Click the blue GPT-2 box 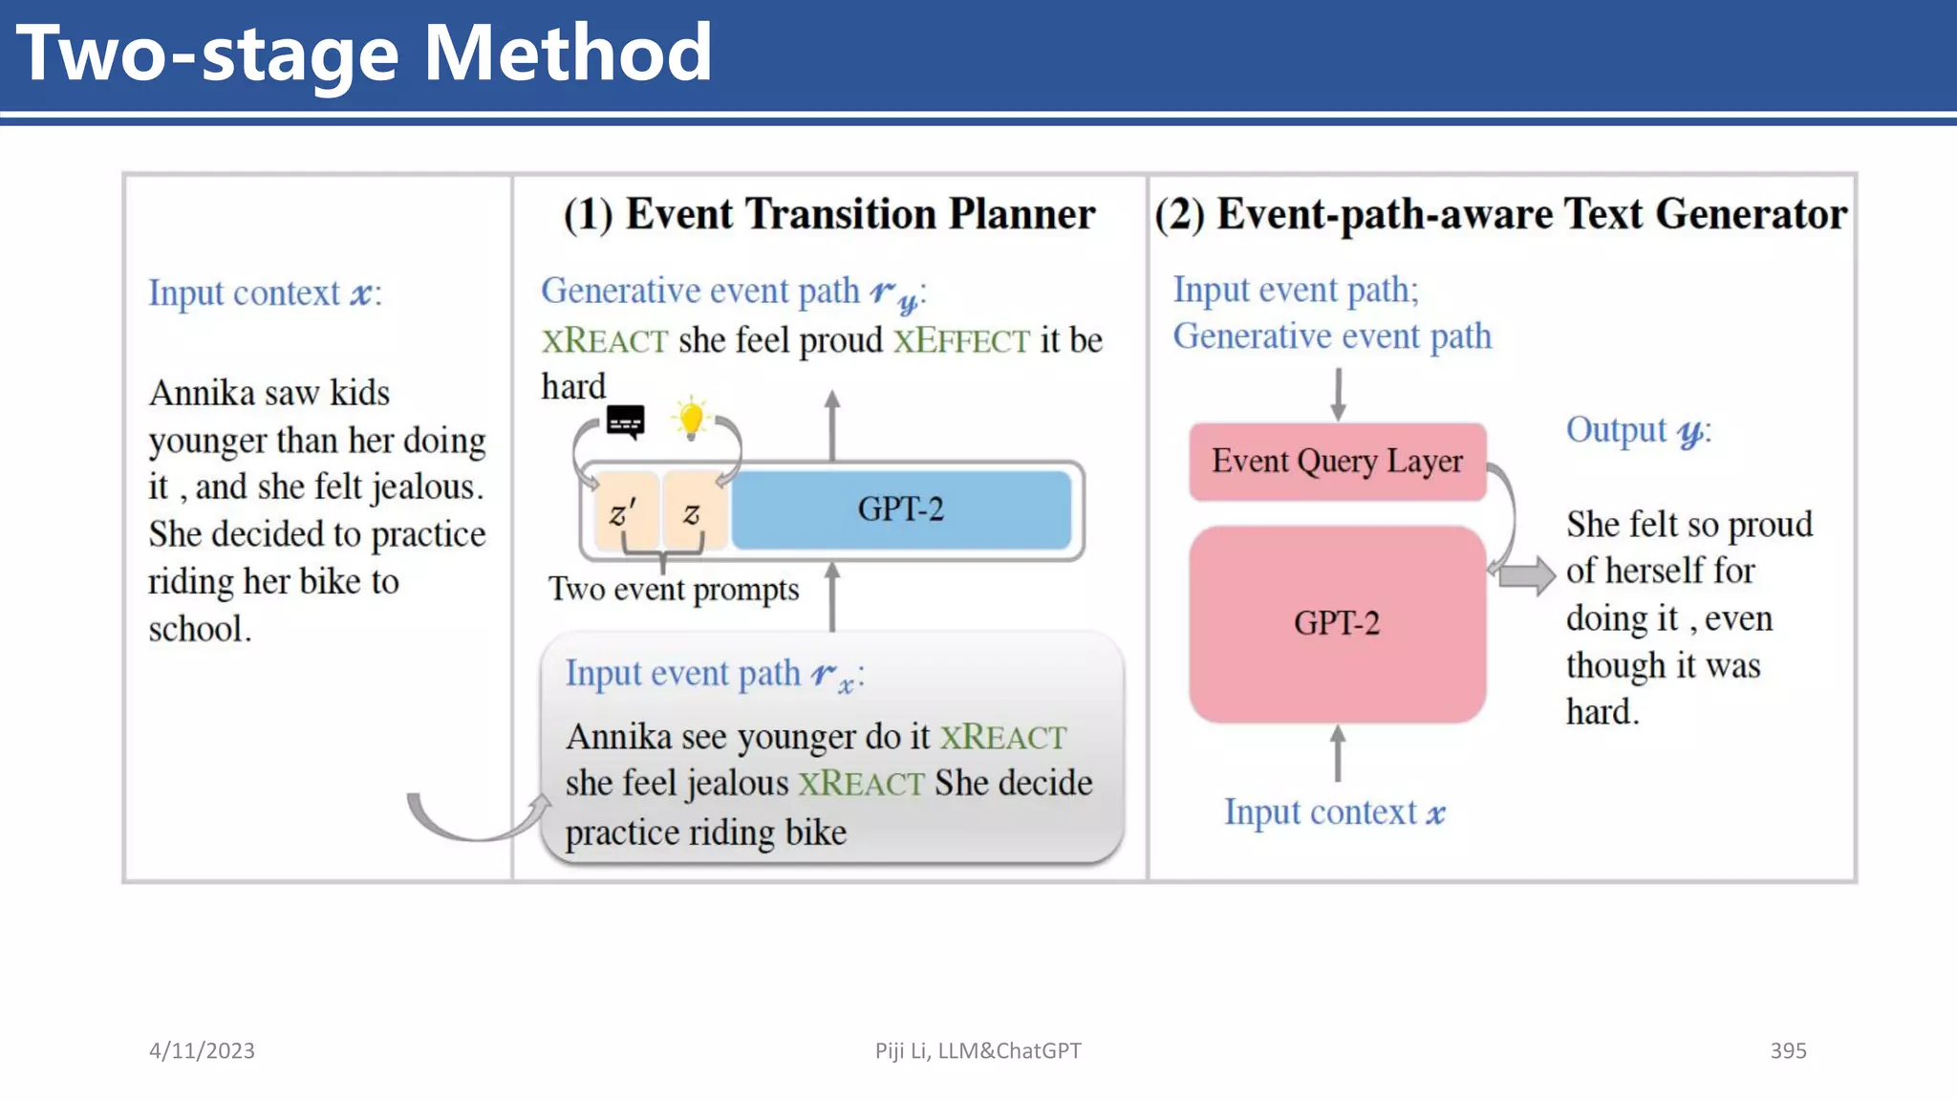tap(900, 509)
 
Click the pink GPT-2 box tap(1337, 623)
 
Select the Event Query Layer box tap(1337, 462)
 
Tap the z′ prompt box tap(624, 513)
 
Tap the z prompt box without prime tap(693, 513)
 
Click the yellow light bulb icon tap(691, 419)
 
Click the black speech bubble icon tap(626, 421)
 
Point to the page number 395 tap(1788, 1050)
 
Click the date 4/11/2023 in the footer tap(202, 1050)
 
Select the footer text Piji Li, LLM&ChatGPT tap(978, 1050)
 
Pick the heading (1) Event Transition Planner tap(828, 214)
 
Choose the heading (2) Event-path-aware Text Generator tap(1500, 214)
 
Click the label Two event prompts tap(674, 590)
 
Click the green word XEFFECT tap(961, 341)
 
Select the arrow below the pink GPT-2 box tap(1338, 753)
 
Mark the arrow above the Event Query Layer tap(1338, 394)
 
